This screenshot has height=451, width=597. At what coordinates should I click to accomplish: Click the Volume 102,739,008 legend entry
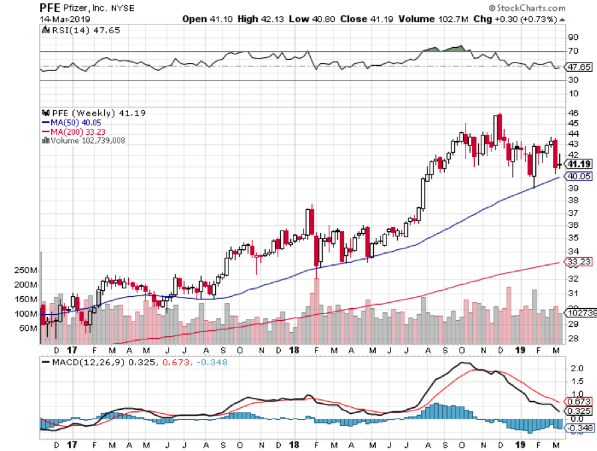coord(86,140)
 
